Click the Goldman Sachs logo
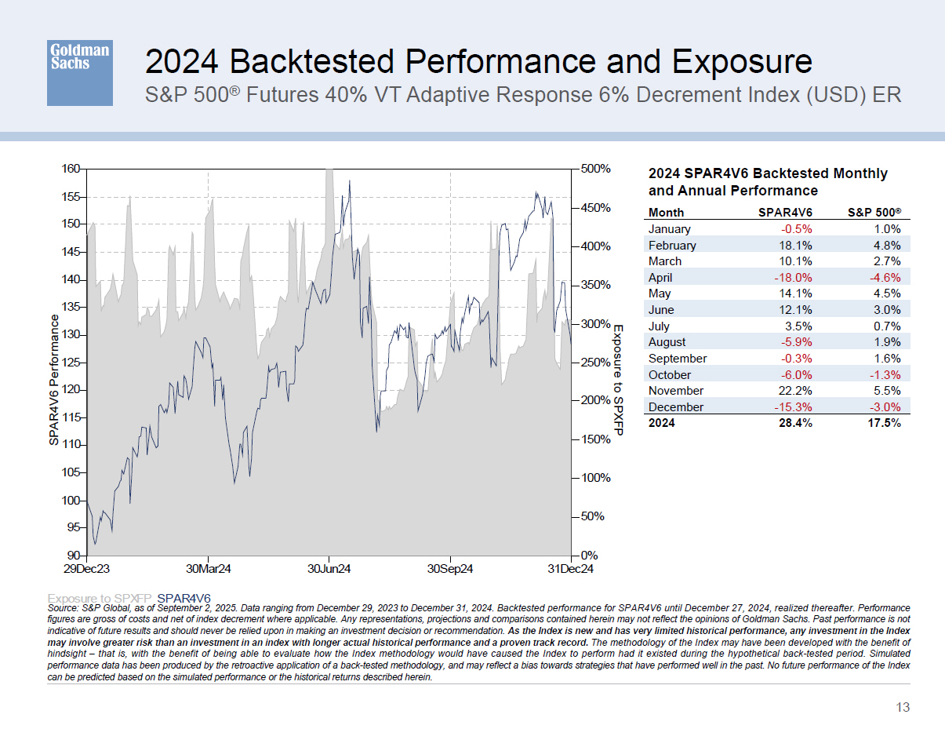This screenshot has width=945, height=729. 79,72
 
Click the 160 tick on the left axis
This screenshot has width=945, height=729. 71,169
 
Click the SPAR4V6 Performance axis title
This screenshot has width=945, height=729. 54,381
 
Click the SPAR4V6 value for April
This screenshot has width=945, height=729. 792,278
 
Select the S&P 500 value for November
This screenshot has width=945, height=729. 887,391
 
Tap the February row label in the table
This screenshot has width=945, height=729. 672,245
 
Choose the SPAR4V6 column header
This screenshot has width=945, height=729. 785,213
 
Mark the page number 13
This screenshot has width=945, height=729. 903,708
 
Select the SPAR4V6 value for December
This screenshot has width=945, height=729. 792,407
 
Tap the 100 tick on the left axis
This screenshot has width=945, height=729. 71,501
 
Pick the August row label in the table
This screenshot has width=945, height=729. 667,342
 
